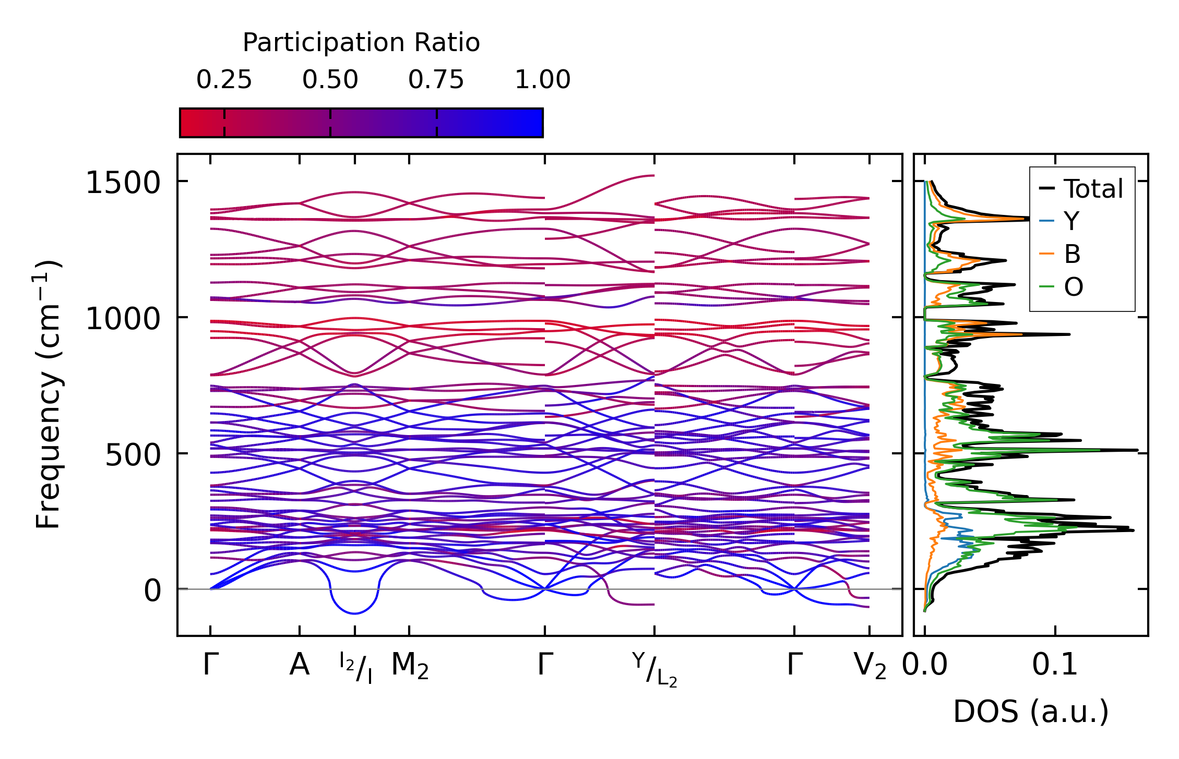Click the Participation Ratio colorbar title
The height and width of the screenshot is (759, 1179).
[x=361, y=43]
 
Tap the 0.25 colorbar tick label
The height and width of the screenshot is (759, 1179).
[x=224, y=80]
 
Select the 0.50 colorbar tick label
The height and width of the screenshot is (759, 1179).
[x=330, y=80]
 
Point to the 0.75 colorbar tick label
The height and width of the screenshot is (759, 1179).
[x=436, y=80]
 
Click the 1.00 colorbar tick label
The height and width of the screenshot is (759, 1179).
[x=542, y=80]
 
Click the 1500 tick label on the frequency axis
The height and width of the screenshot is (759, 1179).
[x=123, y=183]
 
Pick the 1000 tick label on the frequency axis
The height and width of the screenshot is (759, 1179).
[x=123, y=319]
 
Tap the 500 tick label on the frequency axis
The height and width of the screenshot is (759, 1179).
[x=133, y=455]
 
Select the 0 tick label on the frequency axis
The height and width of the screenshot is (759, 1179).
[x=152, y=591]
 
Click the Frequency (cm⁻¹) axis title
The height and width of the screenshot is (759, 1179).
[x=49, y=394]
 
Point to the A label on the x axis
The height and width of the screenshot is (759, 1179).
[x=299, y=666]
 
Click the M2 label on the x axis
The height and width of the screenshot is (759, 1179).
[x=410, y=666]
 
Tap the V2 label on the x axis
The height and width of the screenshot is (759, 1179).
[x=870, y=666]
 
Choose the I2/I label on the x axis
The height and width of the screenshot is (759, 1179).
[x=355, y=667]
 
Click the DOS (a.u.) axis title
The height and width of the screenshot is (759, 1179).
[x=1031, y=712]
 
